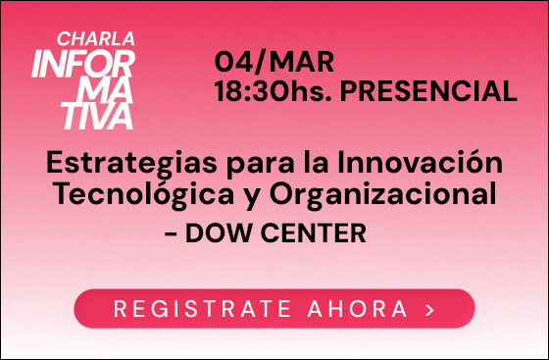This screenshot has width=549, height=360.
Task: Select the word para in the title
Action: (x=251, y=163)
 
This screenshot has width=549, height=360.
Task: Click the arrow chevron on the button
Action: (x=429, y=310)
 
